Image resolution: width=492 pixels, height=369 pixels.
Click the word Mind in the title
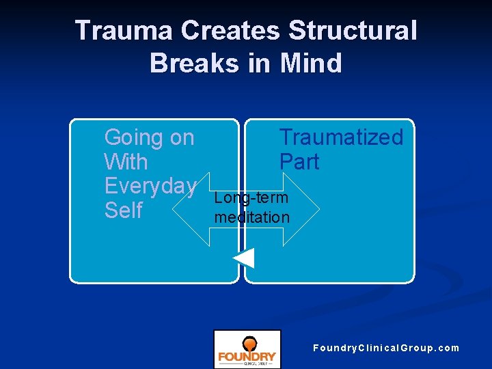(310, 63)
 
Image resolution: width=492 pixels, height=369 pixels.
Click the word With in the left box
(126, 162)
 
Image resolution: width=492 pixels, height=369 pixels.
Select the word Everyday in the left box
(150, 186)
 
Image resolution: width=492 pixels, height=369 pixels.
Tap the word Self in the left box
(123, 210)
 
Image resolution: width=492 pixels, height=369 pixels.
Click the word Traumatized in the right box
(341, 137)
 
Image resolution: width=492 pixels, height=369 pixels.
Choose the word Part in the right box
(299, 162)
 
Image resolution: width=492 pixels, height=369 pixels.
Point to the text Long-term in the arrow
(251, 198)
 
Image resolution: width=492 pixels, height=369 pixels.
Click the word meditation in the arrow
(251, 217)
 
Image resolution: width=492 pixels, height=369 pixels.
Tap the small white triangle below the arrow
(244, 258)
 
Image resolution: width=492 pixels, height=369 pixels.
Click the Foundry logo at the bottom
(247, 349)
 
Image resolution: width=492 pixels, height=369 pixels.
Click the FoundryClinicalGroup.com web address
(386, 348)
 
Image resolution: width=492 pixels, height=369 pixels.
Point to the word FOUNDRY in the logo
(247, 356)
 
